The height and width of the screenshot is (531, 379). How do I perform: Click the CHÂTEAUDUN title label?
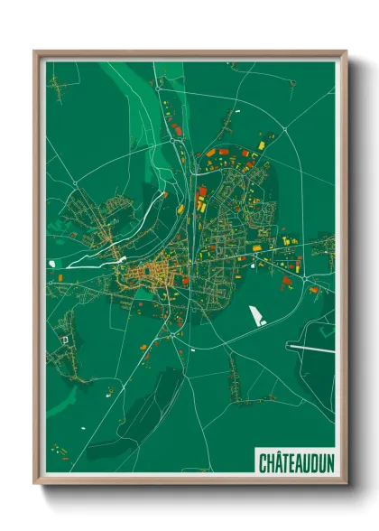coord(296,463)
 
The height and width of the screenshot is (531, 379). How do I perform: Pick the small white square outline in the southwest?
coord(65,339)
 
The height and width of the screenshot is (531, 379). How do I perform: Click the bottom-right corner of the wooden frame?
coord(346,483)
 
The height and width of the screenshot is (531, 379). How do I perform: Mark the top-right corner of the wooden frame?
coord(346,52)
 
